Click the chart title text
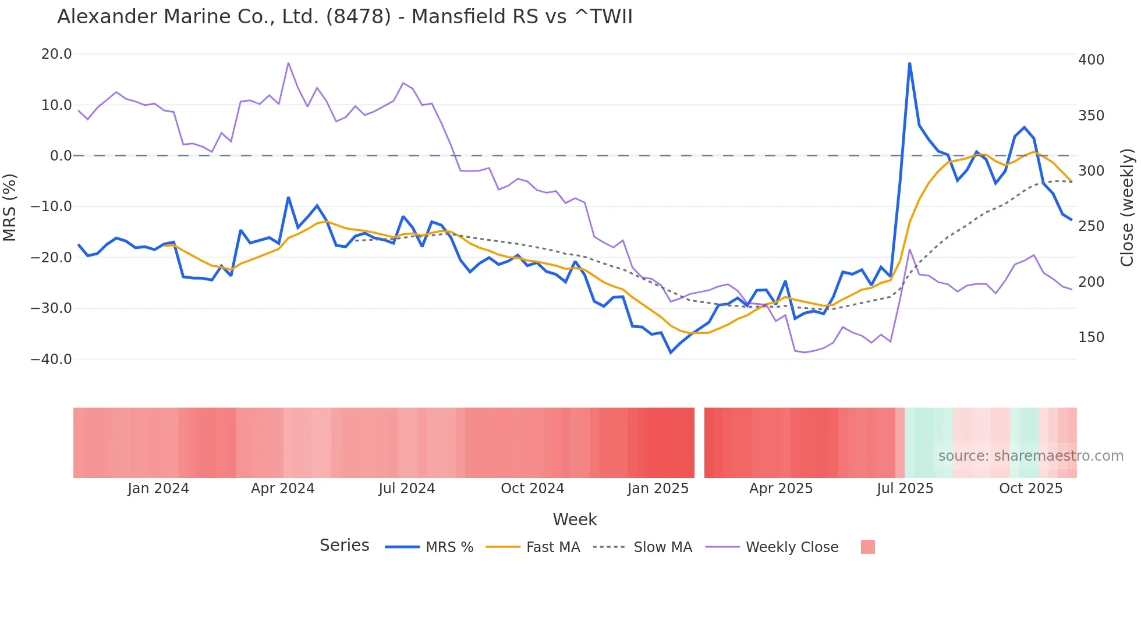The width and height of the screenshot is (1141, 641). tap(345, 17)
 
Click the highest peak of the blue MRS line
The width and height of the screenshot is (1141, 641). tap(909, 63)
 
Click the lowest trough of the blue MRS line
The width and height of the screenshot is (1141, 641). tap(671, 352)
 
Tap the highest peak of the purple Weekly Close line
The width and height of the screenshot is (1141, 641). tap(288, 63)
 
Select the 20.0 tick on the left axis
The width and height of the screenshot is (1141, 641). tap(56, 54)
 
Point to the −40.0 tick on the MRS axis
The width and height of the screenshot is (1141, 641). tap(51, 359)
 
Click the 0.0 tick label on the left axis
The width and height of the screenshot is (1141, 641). tap(61, 156)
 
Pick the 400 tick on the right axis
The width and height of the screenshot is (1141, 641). tap(1091, 60)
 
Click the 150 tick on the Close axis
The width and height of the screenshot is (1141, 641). tap(1091, 337)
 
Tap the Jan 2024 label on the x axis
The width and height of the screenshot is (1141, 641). tap(158, 489)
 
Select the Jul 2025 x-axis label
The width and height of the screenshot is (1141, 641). tap(905, 489)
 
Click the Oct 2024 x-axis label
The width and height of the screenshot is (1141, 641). tap(532, 489)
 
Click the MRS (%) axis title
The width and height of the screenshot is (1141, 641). tap(10, 207)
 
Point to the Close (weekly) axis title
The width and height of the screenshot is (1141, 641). tap(1128, 208)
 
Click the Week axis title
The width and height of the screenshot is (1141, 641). tap(575, 519)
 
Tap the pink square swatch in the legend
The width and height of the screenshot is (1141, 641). tap(867, 547)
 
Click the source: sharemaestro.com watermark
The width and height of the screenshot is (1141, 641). tap(1030, 456)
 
